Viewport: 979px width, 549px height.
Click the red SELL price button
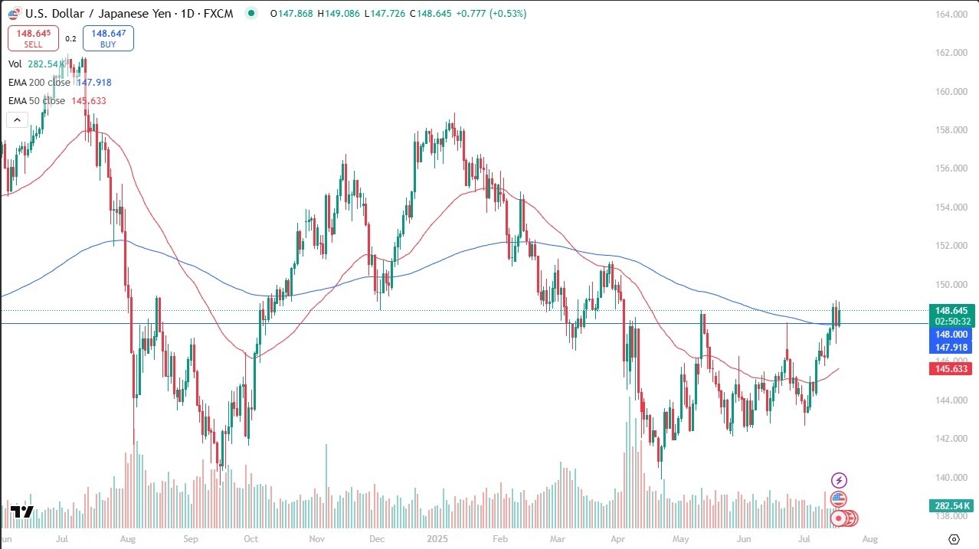[33, 38]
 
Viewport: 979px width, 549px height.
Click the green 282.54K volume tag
[950, 505]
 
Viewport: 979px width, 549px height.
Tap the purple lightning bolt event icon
[840, 480]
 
